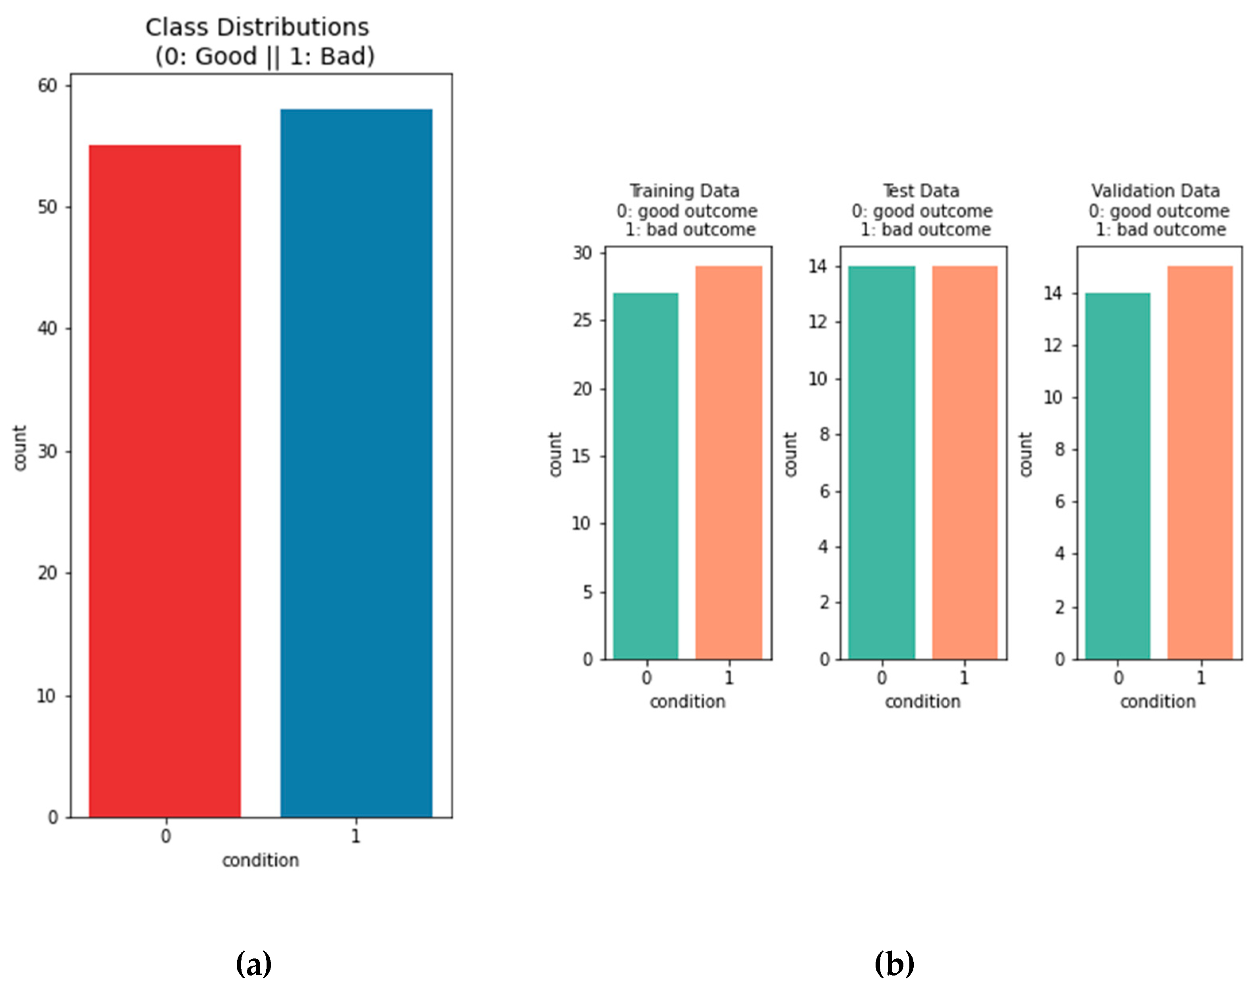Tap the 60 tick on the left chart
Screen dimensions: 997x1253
[x=48, y=86]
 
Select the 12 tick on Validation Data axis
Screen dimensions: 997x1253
[x=1053, y=345]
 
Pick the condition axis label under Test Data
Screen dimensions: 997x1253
[x=922, y=702]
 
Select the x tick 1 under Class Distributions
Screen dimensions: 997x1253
[x=356, y=836]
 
